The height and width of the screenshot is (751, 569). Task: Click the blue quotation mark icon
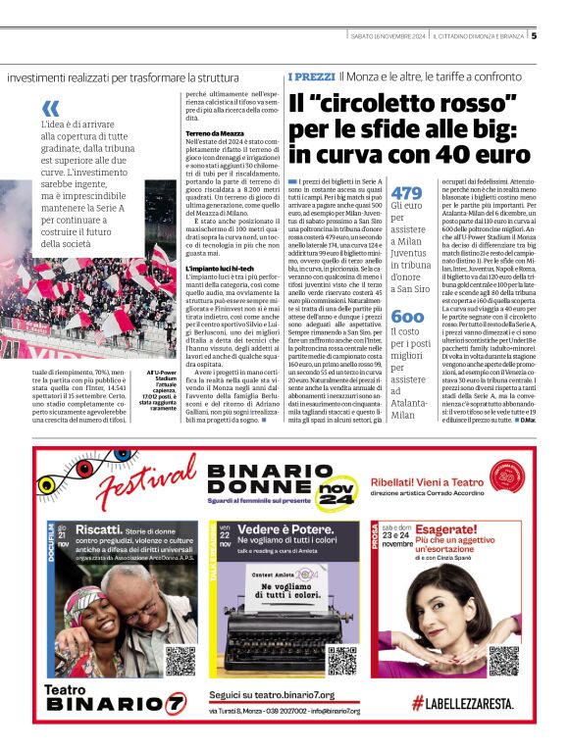click(51, 108)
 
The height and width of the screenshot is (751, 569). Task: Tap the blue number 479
click(406, 193)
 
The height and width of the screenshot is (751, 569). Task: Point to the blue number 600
click(407, 317)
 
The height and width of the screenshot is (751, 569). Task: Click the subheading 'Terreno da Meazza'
click(214, 132)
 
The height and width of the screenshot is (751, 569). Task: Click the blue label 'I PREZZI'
click(311, 76)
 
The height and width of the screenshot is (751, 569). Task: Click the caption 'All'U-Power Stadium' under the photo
click(160, 374)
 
